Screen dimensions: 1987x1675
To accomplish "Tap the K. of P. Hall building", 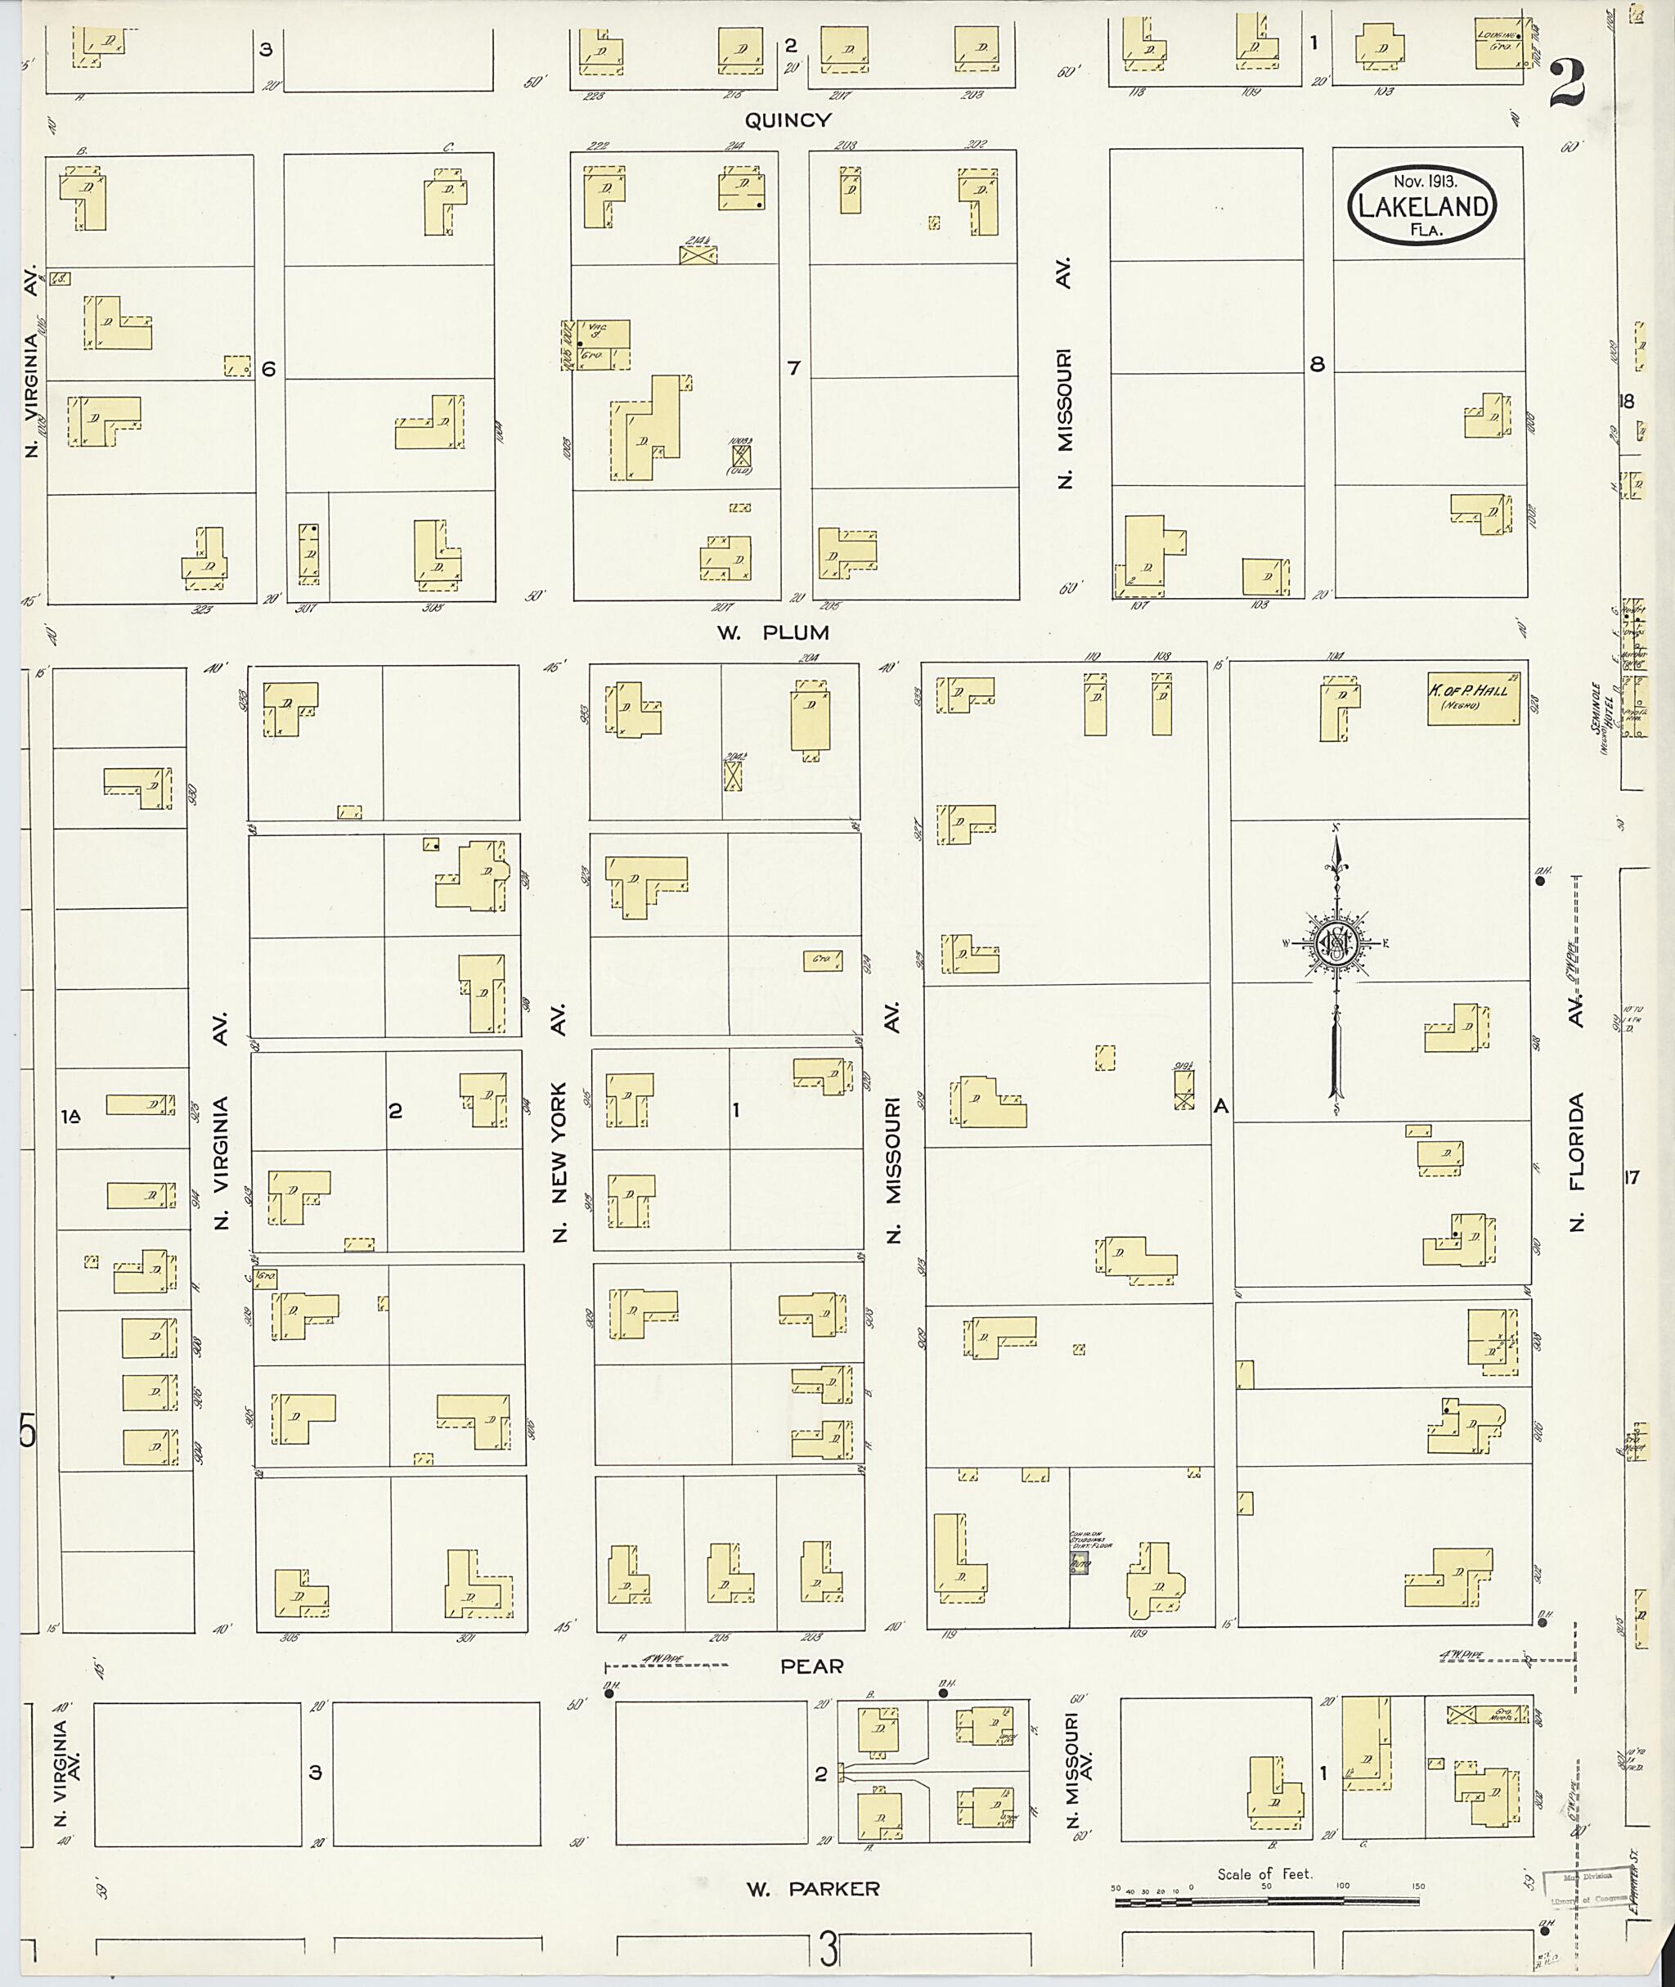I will (x=1473, y=698).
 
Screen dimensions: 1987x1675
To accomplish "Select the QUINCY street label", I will (x=788, y=120).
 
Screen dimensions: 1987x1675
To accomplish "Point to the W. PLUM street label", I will (x=773, y=632).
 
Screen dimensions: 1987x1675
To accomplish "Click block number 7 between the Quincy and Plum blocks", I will (x=794, y=367).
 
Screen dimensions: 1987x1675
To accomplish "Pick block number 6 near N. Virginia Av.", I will (x=269, y=369).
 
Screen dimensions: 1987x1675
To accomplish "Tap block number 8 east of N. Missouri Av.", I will (x=1317, y=364).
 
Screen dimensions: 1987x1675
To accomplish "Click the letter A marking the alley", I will (x=1221, y=1106).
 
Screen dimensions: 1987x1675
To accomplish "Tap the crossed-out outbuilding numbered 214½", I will (x=698, y=254).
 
